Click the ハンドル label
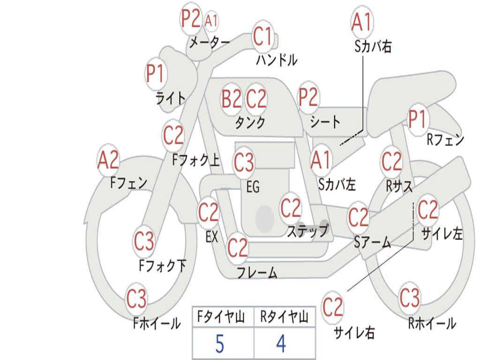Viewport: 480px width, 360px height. pos(277,60)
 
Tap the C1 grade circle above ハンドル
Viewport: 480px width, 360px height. pos(262,36)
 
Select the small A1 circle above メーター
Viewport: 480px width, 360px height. pos(211,21)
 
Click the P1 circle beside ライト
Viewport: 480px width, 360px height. pos(156,74)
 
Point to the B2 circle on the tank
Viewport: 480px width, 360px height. pos(232,99)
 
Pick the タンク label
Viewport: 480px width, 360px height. pos(250,122)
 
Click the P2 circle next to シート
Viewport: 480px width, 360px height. pos(308,97)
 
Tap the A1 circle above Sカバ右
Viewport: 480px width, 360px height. pos(361,22)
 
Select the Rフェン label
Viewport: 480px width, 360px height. pos(445,139)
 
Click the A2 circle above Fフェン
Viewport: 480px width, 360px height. pos(108,160)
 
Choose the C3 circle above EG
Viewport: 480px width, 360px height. pos(244,163)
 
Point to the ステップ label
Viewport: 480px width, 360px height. pos(307,231)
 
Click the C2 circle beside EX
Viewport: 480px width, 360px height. pos(209,213)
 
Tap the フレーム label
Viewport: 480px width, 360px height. pos(257,272)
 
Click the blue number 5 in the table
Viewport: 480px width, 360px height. pos(220,344)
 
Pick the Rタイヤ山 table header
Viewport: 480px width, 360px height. pos(284,317)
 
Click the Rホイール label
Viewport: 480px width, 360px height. pos(432,323)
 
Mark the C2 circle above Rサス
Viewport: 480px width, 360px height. pos(391,161)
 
